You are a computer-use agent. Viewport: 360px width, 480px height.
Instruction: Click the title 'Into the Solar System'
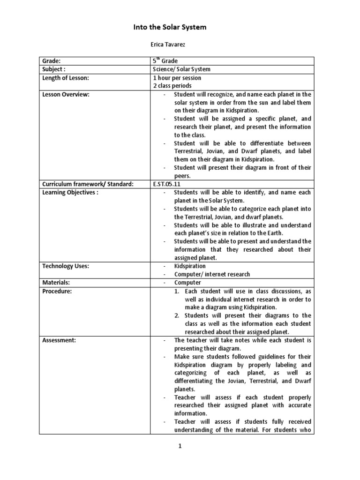point(170,28)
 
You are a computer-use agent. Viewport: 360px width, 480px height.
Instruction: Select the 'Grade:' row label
point(52,61)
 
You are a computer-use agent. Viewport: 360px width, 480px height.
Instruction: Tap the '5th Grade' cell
point(165,61)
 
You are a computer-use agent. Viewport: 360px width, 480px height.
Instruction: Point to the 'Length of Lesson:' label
point(65,78)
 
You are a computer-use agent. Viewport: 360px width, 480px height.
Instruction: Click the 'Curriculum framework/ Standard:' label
point(88,184)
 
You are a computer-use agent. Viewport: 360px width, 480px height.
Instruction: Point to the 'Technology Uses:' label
point(66,266)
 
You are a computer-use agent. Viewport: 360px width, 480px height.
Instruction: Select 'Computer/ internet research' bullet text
point(212,274)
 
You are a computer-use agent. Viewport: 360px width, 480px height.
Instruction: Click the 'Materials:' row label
point(56,283)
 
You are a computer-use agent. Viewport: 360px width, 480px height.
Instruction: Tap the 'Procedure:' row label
point(57,291)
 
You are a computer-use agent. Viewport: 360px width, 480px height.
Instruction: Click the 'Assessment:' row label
point(59,340)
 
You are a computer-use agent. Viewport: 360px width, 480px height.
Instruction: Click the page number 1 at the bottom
point(179,447)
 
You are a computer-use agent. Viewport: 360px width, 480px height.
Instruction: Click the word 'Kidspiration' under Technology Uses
point(190,266)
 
